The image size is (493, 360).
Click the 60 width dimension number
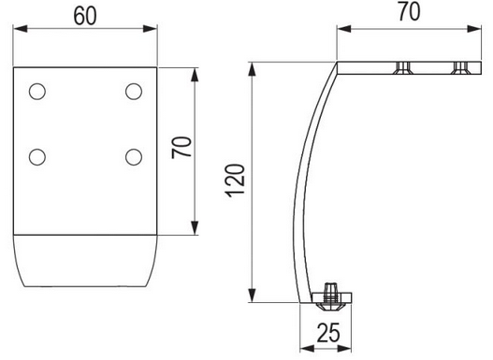pyautogui.click(x=85, y=16)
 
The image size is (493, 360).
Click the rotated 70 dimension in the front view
pyautogui.click(x=182, y=147)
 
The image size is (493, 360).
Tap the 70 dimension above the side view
pyautogui.click(x=409, y=12)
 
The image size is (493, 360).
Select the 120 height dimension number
pyautogui.click(x=235, y=180)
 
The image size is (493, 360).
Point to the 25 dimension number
pyautogui.click(x=328, y=332)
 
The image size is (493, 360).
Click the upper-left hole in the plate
pyautogui.click(x=37, y=92)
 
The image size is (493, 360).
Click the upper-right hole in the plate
pyautogui.click(x=134, y=92)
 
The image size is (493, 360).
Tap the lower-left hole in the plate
pyautogui.click(x=37, y=157)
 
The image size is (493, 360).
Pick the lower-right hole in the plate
pyautogui.click(x=134, y=157)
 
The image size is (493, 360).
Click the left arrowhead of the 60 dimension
pyautogui.click(x=21, y=29)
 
